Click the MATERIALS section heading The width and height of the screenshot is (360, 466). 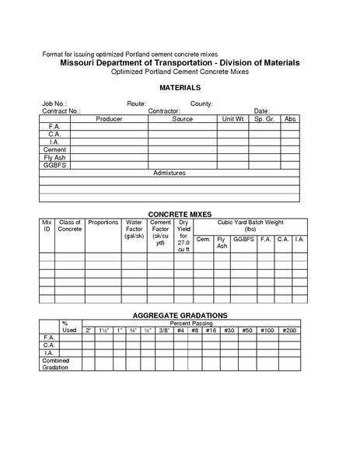[180, 87]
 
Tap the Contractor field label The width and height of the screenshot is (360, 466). [164, 111]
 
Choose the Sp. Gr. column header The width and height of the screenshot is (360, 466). [264, 119]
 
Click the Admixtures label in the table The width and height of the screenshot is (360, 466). [170, 172]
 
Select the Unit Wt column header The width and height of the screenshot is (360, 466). [233, 119]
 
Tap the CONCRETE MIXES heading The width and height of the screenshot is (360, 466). [180, 213]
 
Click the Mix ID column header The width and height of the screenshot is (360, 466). [47, 226]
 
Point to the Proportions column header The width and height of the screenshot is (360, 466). [103, 222]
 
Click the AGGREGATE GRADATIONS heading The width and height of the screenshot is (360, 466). [180, 314]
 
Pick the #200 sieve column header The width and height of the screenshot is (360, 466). [289, 331]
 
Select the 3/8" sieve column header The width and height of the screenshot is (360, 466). [164, 331]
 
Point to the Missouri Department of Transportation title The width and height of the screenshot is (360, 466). [180, 62]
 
